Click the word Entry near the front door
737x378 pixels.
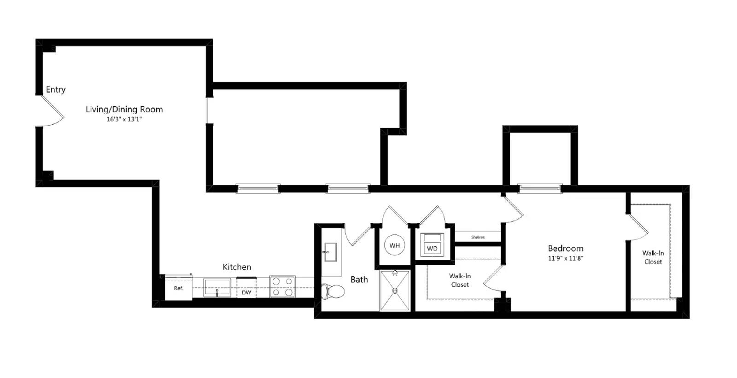tap(56, 89)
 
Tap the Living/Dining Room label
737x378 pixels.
tap(124, 110)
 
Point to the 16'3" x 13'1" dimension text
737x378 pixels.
tap(124, 119)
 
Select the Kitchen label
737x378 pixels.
tap(237, 267)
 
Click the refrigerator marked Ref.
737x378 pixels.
tap(178, 287)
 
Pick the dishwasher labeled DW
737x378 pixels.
tap(246, 288)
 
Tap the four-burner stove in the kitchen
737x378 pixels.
tap(283, 286)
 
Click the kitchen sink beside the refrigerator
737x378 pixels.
tap(217, 287)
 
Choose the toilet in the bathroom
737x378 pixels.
tap(332, 291)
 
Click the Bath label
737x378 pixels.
tap(359, 279)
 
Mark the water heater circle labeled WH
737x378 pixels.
tap(394, 245)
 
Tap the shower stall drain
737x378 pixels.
tap(395, 291)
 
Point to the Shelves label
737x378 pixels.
tap(478, 237)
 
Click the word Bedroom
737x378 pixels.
tap(566, 248)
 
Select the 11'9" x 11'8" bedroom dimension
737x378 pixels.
tap(566, 259)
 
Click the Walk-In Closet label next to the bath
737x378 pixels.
tap(460, 280)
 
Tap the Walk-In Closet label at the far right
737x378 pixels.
tap(653, 257)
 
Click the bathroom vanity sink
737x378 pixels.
tap(330, 252)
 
